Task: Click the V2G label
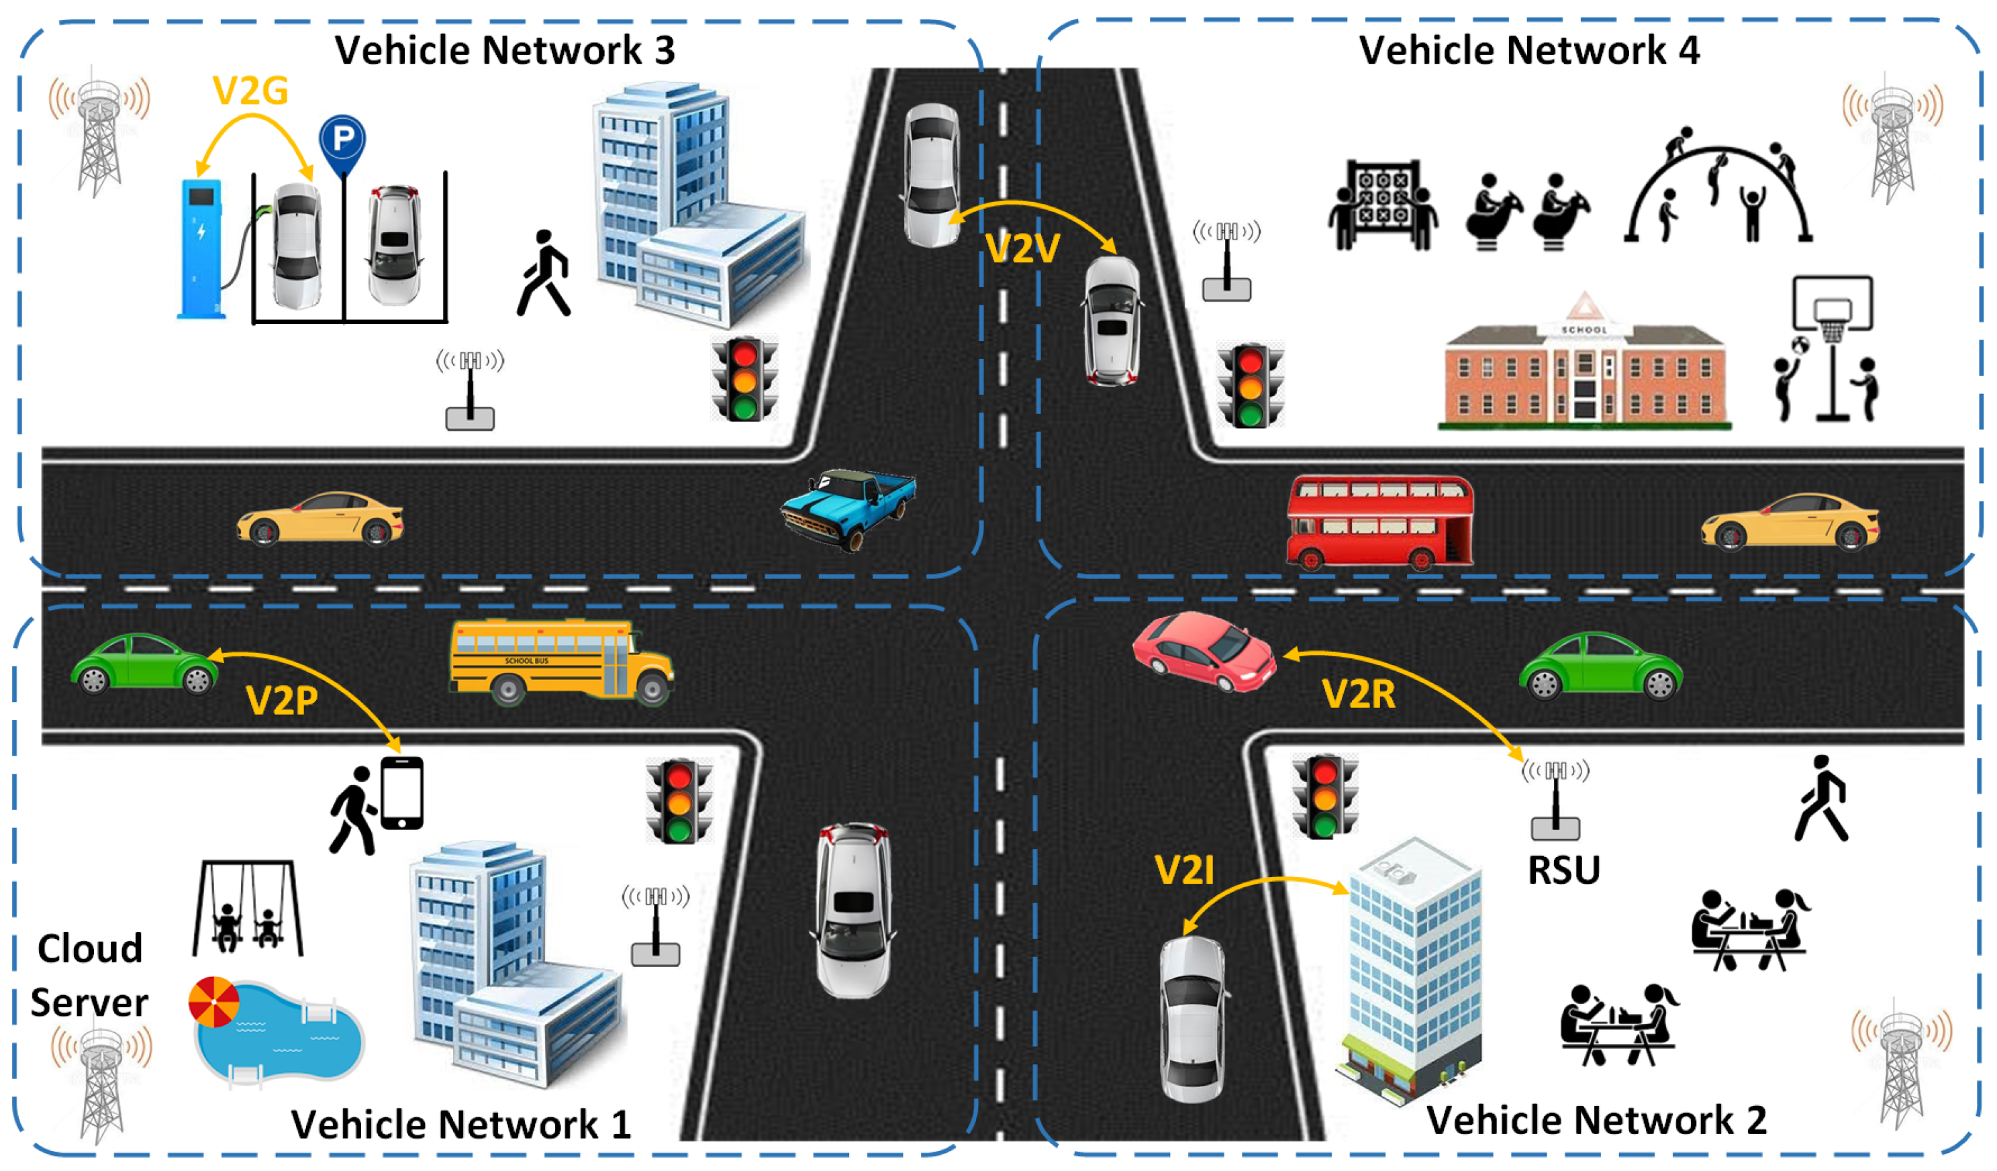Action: click(250, 91)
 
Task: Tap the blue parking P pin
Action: click(342, 142)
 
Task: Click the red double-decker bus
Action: click(1379, 521)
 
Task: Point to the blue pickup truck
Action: click(848, 507)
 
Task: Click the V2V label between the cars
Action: click(1022, 249)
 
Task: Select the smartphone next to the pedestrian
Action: click(402, 793)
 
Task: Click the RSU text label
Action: click(1563, 870)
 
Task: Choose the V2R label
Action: click(1358, 694)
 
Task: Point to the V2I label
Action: click(1184, 870)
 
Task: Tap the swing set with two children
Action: click(247, 908)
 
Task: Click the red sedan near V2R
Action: click(1203, 650)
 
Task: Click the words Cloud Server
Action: click(89, 975)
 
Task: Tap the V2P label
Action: click(281, 701)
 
